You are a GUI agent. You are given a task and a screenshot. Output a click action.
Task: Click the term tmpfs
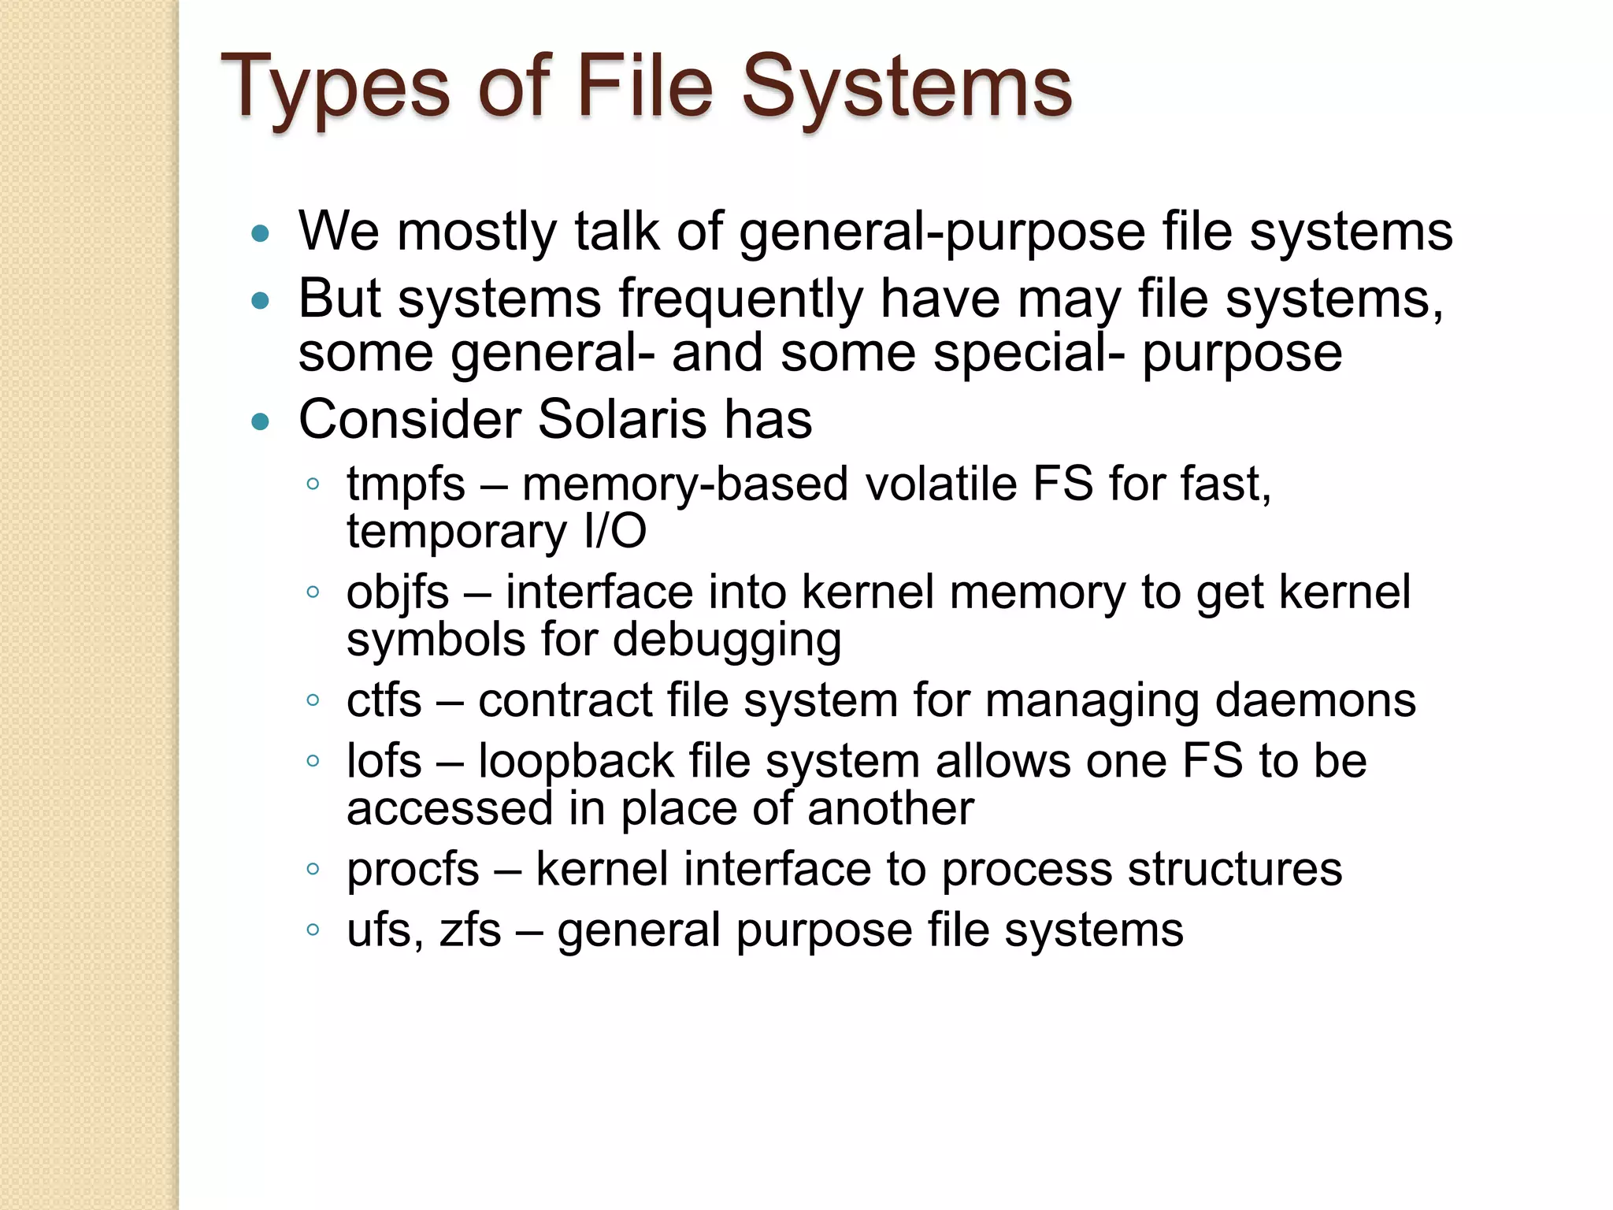click(x=406, y=484)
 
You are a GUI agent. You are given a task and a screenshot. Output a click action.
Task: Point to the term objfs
click(x=398, y=593)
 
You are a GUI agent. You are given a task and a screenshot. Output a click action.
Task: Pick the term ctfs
click(x=384, y=700)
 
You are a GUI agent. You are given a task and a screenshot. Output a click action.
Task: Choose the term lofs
click(x=384, y=761)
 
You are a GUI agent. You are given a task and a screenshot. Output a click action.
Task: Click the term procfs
click(x=413, y=870)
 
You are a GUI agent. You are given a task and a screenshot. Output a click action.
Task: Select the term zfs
click(x=470, y=930)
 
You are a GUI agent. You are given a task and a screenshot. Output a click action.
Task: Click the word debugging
click(x=727, y=640)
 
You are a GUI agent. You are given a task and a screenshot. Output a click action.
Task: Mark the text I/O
click(x=614, y=532)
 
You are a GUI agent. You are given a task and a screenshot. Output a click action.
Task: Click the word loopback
click(x=576, y=761)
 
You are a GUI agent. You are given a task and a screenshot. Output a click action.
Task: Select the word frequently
click(x=740, y=300)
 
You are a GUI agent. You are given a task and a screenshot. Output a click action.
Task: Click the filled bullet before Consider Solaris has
click(x=260, y=422)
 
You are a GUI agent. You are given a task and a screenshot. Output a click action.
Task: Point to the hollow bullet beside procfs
click(x=313, y=870)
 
